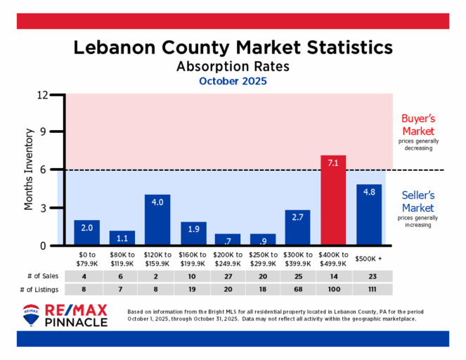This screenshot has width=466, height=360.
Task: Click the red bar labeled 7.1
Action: click(333, 200)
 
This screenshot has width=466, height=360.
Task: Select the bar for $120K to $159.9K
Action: click(157, 220)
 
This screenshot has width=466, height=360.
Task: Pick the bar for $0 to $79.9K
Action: click(86, 233)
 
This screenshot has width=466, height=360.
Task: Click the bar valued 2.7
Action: click(297, 228)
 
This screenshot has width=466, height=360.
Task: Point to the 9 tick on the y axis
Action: click(51, 131)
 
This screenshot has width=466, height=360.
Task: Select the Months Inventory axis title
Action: click(30, 169)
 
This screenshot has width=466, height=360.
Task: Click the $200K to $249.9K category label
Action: click(228, 259)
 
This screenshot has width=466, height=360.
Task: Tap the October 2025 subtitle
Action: click(233, 81)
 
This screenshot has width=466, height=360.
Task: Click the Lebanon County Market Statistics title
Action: click(233, 47)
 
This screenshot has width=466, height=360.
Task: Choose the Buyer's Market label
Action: click(418, 125)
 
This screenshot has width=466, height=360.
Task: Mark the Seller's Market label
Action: click(418, 201)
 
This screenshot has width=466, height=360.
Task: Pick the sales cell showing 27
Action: click(228, 277)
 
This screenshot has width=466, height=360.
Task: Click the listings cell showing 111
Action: click(369, 290)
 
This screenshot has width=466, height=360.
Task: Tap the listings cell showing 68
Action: click(298, 290)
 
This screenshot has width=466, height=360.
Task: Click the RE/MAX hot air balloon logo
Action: click(32, 316)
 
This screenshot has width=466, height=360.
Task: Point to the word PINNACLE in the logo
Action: click(76, 322)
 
